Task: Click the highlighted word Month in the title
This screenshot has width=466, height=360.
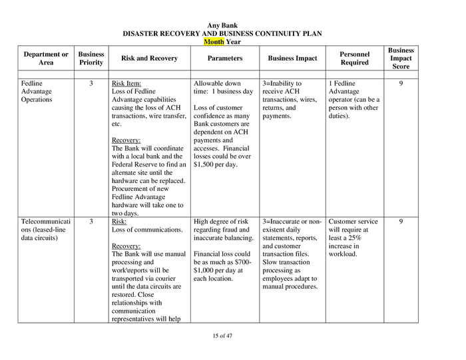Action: coord(214,41)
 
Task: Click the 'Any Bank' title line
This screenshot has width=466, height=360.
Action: coord(222,25)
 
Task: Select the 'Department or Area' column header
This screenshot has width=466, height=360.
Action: coord(46,59)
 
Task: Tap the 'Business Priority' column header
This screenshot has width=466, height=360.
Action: coord(91,59)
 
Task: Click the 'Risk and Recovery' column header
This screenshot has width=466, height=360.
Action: coord(149,59)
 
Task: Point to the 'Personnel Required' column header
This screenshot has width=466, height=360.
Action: coord(354,59)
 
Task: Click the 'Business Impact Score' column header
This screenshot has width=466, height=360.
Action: coord(401,59)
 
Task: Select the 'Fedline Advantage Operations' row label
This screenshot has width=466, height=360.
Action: coord(37,92)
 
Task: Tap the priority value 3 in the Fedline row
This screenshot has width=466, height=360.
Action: coord(91,84)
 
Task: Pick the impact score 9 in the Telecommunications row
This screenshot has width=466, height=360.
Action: coord(401,222)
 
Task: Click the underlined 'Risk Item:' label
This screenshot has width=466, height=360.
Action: coord(126,84)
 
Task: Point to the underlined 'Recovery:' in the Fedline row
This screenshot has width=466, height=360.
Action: coord(126,140)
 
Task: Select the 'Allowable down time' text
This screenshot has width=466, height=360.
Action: coord(217,84)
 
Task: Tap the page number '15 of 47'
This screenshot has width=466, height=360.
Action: coord(222,335)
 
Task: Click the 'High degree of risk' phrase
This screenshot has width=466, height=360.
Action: coord(220,222)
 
